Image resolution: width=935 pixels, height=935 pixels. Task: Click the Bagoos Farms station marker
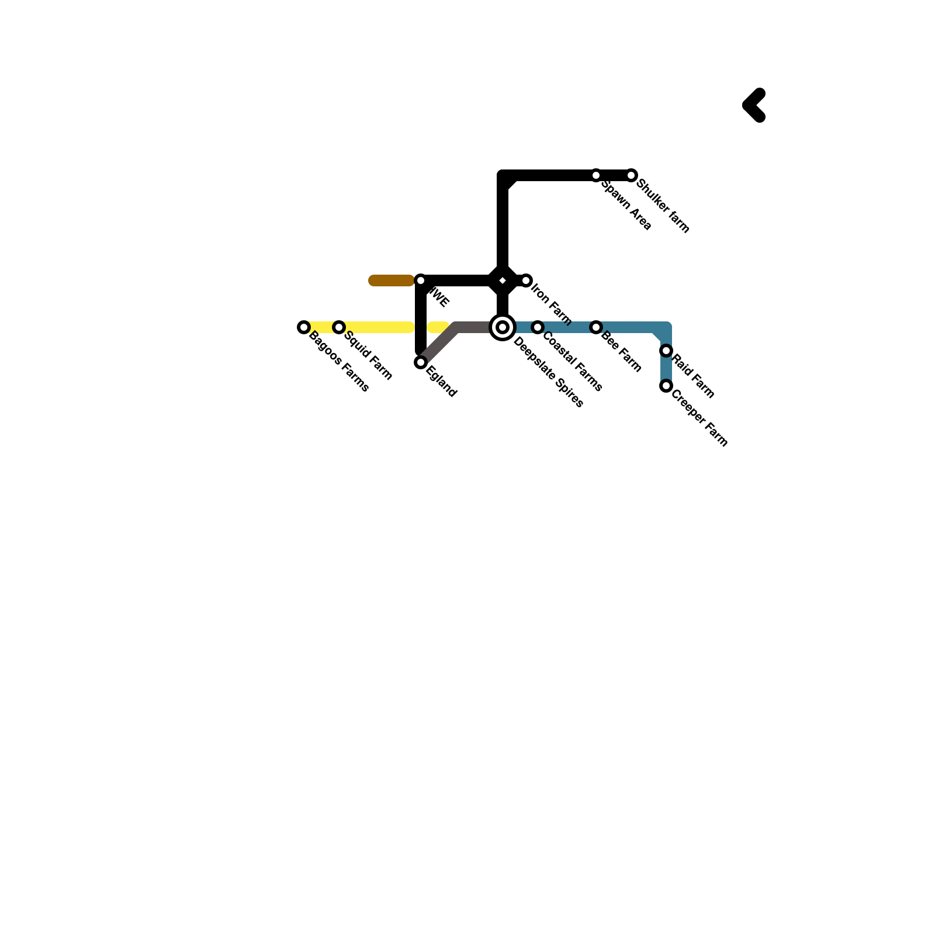tap(303, 327)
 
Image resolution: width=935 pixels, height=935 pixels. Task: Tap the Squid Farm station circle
tap(339, 327)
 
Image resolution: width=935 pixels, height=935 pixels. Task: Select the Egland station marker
tap(421, 363)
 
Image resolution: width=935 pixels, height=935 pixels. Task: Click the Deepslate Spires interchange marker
tap(503, 327)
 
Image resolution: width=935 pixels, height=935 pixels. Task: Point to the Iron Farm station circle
tap(526, 281)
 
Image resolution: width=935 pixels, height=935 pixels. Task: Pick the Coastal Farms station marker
tap(538, 327)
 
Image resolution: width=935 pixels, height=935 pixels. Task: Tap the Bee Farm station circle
tap(596, 327)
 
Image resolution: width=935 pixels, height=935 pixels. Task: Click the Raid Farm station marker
tap(666, 351)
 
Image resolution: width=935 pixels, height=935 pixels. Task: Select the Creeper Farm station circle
tap(666, 386)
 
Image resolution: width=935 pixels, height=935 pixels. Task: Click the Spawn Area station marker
tap(596, 175)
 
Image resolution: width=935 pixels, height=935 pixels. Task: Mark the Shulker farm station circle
tap(631, 175)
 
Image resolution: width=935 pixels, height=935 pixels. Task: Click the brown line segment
tap(392, 281)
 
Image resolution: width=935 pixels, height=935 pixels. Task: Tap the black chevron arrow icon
tap(754, 106)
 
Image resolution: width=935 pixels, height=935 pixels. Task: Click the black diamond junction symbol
tap(503, 281)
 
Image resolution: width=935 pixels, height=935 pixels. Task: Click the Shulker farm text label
tap(663, 206)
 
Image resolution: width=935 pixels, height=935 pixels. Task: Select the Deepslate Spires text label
tap(548, 372)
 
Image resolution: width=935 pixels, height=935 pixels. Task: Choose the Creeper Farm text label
tap(699, 418)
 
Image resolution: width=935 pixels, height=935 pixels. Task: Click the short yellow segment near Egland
tap(438, 327)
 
